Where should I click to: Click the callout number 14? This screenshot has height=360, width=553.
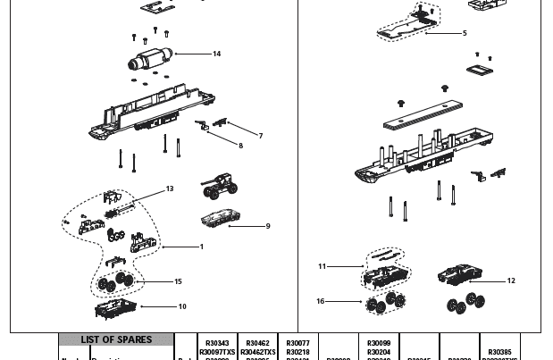(216, 54)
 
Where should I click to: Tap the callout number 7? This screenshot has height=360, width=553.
(260, 136)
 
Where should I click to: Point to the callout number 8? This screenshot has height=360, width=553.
(239, 145)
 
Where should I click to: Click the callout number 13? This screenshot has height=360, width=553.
(170, 188)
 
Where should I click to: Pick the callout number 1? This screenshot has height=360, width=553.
(201, 247)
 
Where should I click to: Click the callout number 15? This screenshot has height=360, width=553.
(178, 281)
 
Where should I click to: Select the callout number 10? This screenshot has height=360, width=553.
(182, 306)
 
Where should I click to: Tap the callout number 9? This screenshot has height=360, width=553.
(267, 226)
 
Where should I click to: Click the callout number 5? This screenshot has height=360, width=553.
(465, 33)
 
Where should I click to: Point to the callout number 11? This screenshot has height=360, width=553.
(323, 266)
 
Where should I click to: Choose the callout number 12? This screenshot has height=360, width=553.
(511, 280)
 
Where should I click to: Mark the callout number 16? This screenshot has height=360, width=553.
(321, 301)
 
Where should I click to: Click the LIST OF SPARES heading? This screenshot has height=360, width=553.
(116, 340)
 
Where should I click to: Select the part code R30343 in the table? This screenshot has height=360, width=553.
(217, 343)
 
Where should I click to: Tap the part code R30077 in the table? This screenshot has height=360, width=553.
(297, 343)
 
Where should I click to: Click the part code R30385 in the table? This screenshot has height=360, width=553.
(500, 351)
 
